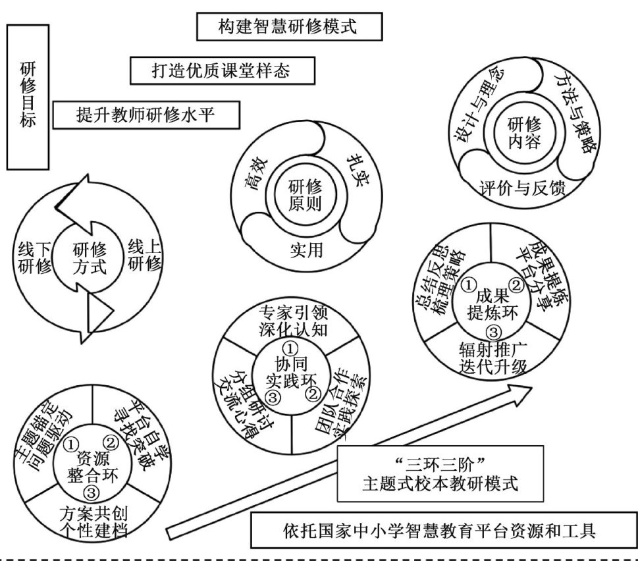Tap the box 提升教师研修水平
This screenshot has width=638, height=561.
(x=146, y=115)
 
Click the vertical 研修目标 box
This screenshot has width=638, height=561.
(x=27, y=96)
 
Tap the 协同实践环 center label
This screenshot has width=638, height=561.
(x=290, y=370)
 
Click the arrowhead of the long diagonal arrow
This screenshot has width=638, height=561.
(x=524, y=392)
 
